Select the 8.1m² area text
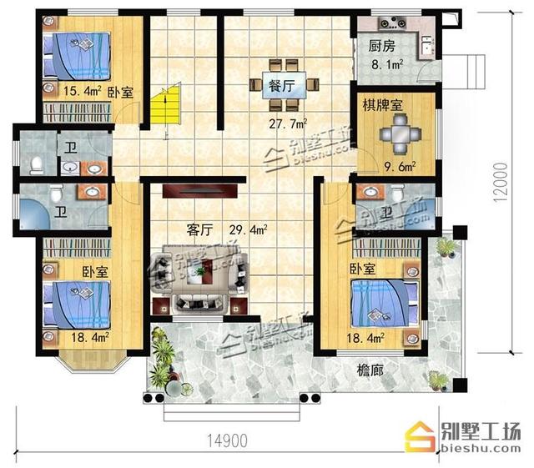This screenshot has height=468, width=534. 387,62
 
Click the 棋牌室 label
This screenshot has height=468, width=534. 382,106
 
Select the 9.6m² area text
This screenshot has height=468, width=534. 399,164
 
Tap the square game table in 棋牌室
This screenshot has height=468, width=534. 397,133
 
